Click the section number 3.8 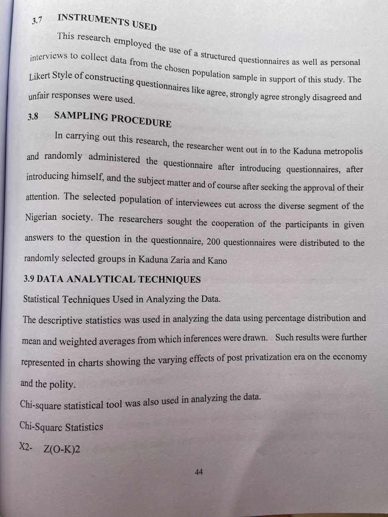[x=33, y=117]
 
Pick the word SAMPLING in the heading [x=81, y=117]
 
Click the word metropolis [x=343, y=151]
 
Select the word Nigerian [x=41, y=217]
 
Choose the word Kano [x=217, y=261]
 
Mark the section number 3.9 [x=29, y=279]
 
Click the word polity [x=62, y=384]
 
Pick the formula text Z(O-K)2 [x=62, y=449]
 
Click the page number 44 [x=199, y=472]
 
